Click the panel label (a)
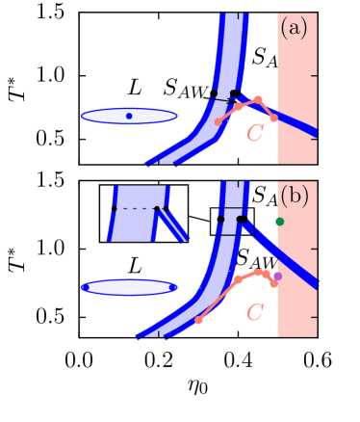click(294, 29)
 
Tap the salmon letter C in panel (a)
click(254, 133)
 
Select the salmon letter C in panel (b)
click(255, 312)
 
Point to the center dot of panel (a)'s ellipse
click(129, 117)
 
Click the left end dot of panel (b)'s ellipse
click(85, 287)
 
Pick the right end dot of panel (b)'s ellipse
click(173, 287)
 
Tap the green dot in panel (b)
click(279, 222)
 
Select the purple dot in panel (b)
click(277, 277)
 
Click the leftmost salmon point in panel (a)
click(219, 122)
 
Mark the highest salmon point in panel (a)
click(257, 99)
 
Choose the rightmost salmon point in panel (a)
click(273, 118)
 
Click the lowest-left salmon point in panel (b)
click(198, 320)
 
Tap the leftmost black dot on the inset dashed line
click(115, 208)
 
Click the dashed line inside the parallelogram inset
click(136, 208)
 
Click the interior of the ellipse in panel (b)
click(129, 287)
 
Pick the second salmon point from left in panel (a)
click(239, 107)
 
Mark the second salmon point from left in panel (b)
click(237, 279)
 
